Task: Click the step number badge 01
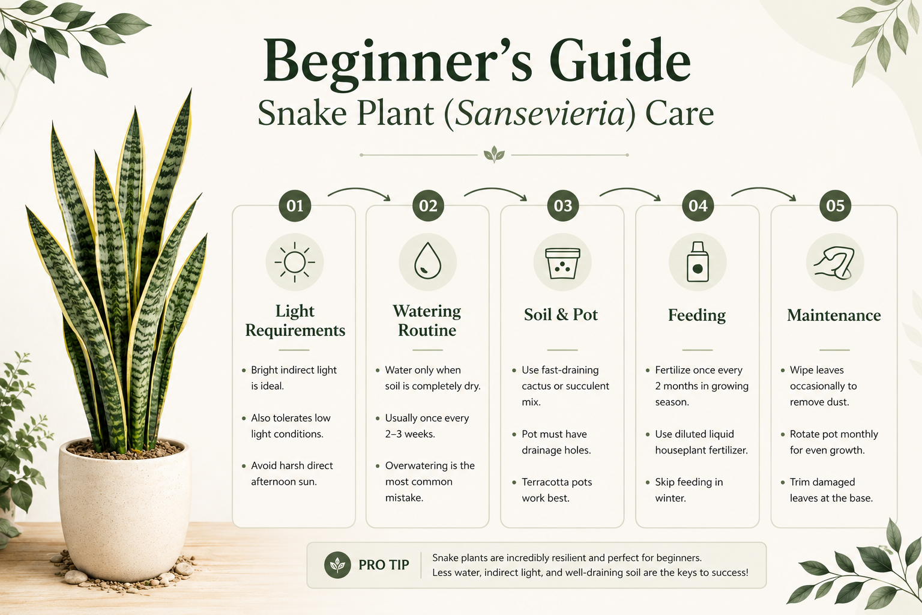click(295, 205)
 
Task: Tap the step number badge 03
click(562, 205)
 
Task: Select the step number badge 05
click(835, 205)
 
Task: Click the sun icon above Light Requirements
click(295, 262)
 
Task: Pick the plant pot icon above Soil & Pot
click(562, 264)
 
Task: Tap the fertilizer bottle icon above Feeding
click(698, 262)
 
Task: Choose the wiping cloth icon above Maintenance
click(834, 263)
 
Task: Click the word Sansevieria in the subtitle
click(540, 114)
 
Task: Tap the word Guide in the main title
click(620, 61)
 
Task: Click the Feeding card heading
click(697, 315)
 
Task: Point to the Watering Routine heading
click(427, 321)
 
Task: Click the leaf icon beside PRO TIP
click(337, 565)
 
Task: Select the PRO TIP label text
click(384, 565)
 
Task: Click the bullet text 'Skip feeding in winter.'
click(688, 489)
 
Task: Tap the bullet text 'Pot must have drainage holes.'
click(556, 442)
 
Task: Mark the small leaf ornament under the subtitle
click(494, 154)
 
